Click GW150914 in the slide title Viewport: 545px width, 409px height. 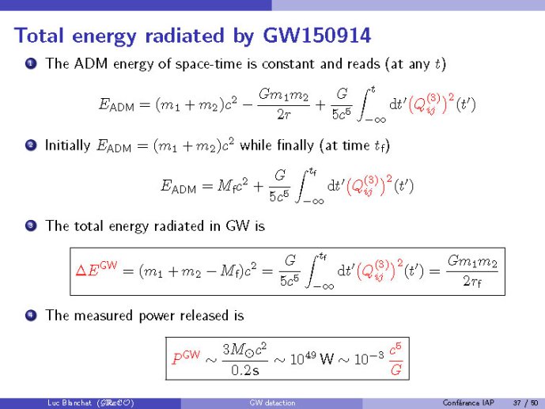click(316, 36)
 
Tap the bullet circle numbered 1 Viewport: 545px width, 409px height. click(31, 63)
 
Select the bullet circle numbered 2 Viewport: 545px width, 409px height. click(31, 145)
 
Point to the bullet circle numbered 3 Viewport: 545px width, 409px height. click(31, 226)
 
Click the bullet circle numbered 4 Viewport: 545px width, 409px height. click(31, 315)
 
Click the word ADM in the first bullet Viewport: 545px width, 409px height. click(91, 63)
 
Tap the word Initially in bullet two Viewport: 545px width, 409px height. click(67, 146)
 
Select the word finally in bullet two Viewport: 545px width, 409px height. click(296, 145)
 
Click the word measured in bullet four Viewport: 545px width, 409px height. click(104, 315)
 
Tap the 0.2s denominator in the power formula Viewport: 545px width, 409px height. click(245, 370)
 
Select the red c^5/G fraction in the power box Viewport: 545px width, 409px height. click(396, 359)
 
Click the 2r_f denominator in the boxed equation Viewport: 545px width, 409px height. click(472, 281)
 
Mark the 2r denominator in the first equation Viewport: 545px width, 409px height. click(284, 115)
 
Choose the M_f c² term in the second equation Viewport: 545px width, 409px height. click(233, 187)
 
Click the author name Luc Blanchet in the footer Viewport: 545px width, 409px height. click(70, 403)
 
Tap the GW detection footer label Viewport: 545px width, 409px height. click(272, 403)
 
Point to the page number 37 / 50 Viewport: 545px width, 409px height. click(525, 403)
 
